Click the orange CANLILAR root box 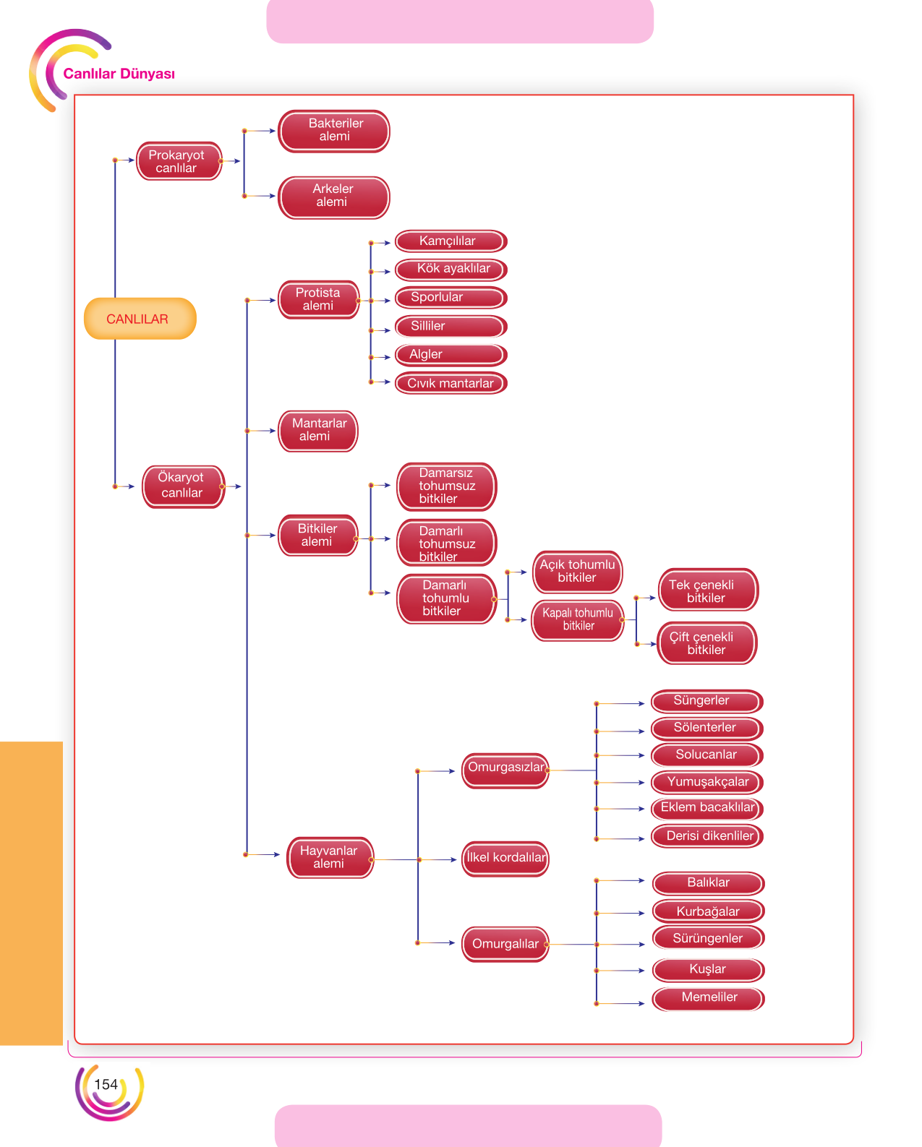pos(140,318)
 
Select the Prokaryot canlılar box pos(179,161)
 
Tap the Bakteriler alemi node pos(334,131)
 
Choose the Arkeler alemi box pos(334,197)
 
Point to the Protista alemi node pos(319,299)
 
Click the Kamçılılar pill pos(451,241)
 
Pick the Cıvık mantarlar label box pos(451,382)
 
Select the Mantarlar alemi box pos(318,431)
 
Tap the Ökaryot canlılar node pos(183,486)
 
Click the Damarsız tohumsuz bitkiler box pos(447,486)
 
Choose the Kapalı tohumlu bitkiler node pos(578,620)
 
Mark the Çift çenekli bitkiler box pos(707,643)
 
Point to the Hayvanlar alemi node pos(330,857)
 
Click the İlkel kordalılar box pos(505,858)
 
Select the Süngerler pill pos(707,701)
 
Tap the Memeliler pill pos(708,998)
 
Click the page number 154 pos(106,1084)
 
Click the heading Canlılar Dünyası pos(119,74)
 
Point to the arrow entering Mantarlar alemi pos(261,431)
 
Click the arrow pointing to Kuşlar pos(620,971)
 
